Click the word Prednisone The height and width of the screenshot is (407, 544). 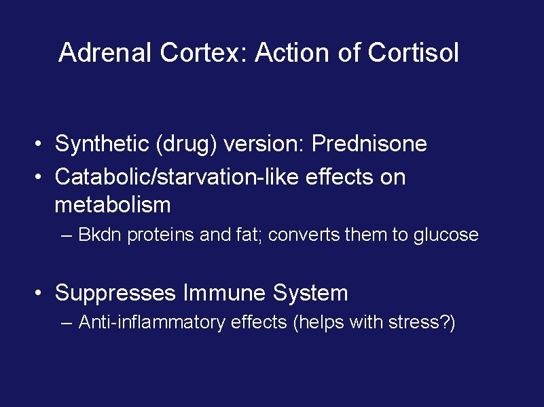[x=370, y=144]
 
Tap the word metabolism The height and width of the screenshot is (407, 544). [x=113, y=203]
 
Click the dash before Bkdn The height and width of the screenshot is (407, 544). [x=66, y=236]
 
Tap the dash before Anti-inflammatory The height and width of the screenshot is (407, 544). [x=66, y=323]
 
